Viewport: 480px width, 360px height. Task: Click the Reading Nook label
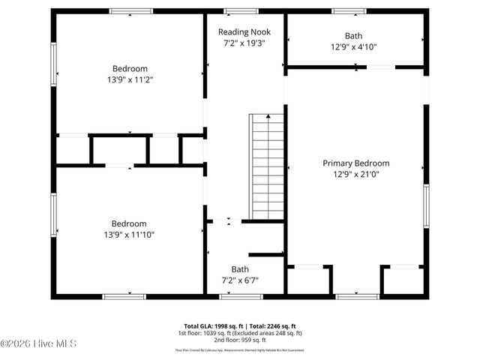pos(244,32)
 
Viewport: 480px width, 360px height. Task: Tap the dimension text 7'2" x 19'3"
pos(244,43)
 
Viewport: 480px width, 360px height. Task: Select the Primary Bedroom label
pos(355,163)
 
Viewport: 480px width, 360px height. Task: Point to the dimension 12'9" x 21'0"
pos(355,175)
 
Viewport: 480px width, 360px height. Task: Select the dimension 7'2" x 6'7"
pos(240,280)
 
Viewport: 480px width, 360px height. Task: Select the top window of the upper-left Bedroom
pos(131,11)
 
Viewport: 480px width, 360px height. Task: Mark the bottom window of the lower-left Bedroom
pos(124,297)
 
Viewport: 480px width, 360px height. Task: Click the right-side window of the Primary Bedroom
pos(426,208)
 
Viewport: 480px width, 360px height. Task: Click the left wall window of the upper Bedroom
pos(53,64)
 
